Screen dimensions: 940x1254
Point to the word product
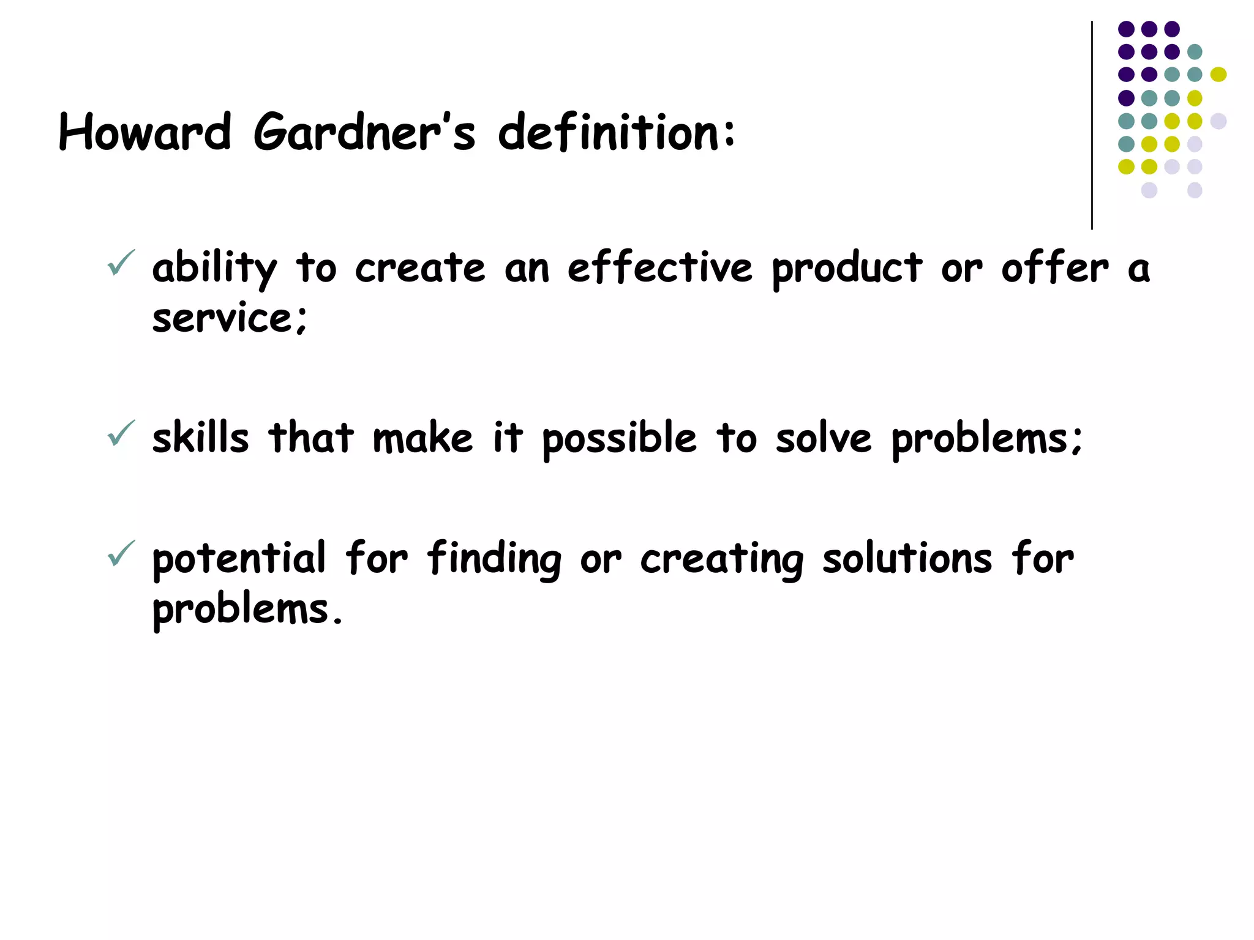[847, 269]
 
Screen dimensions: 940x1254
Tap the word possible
[619, 439]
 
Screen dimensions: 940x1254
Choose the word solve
[823, 438]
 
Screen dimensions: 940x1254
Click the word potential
[239, 559]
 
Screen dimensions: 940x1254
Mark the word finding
[494, 559]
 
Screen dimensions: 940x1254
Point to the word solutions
[907, 559]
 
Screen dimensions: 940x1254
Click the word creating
[722, 559]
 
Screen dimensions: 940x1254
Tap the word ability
[214, 269]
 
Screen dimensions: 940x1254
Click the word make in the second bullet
[423, 438]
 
